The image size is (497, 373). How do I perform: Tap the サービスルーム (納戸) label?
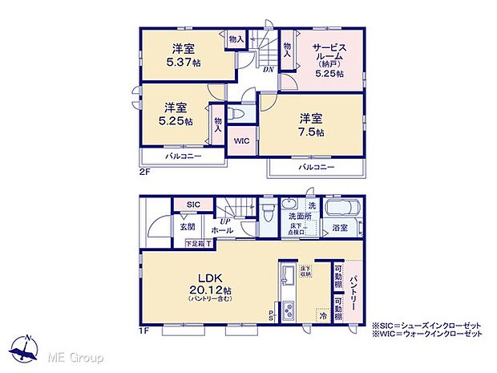tap(329, 58)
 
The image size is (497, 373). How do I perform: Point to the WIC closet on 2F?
tap(242, 140)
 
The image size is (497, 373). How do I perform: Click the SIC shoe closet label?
tap(193, 205)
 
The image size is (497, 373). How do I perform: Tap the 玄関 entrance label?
tap(188, 226)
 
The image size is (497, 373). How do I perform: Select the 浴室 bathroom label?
tap(340, 229)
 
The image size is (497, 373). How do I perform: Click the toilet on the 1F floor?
tap(269, 209)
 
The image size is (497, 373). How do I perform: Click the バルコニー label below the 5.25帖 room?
tap(183, 156)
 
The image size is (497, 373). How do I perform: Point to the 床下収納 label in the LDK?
tap(305, 271)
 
